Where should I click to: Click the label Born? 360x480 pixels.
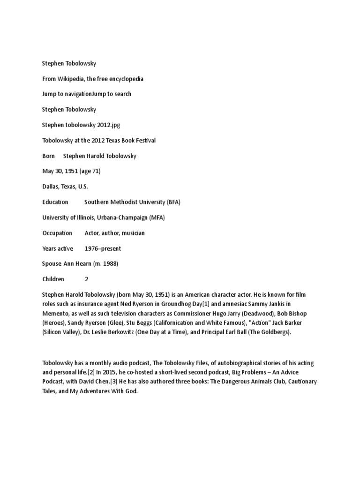point(48,156)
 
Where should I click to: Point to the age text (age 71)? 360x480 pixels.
point(90,171)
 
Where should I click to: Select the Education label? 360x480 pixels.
point(55,202)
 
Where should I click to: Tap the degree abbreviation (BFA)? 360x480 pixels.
point(173,202)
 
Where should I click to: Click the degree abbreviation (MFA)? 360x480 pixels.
point(157,217)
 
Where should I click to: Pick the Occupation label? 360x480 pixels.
point(57,233)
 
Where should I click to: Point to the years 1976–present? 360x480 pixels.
point(103,248)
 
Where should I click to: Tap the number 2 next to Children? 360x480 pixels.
point(87,279)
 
